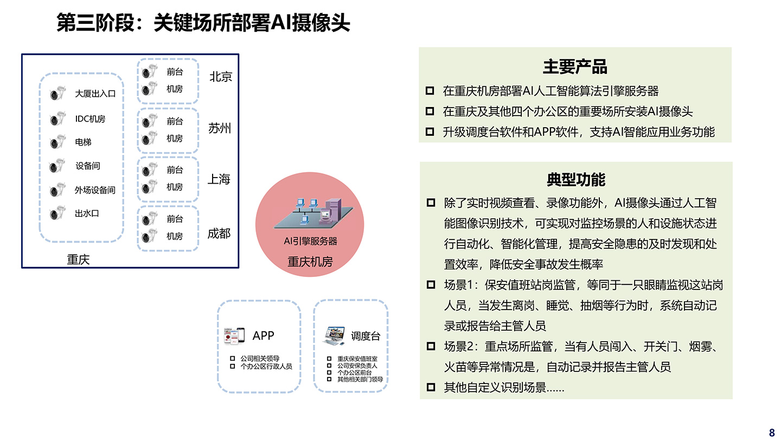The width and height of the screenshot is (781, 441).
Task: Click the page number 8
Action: coord(772,433)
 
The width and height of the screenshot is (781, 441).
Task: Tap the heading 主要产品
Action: coord(575,67)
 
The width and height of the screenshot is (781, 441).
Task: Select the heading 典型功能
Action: coord(575,180)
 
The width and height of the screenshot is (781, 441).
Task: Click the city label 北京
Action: coord(221,77)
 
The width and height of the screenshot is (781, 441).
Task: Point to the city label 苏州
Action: coord(220,128)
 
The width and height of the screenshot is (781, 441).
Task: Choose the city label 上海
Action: coord(219,179)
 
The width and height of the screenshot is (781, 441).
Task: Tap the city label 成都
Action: coord(219,234)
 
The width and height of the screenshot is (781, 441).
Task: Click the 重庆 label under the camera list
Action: coord(78,260)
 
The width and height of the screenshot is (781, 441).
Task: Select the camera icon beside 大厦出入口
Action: coord(55,94)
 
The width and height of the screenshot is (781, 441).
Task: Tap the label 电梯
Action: coord(83,142)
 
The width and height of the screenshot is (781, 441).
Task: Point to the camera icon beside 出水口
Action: coord(55,214)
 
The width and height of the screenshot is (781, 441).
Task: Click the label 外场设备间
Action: coord(95,190)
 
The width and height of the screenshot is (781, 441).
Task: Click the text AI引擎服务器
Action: coord(310,241)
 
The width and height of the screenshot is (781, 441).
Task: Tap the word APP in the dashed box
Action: coord(264,336)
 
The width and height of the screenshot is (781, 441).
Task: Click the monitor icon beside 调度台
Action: coord(334,336)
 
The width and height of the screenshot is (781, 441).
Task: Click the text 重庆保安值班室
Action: coord(357,359)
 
